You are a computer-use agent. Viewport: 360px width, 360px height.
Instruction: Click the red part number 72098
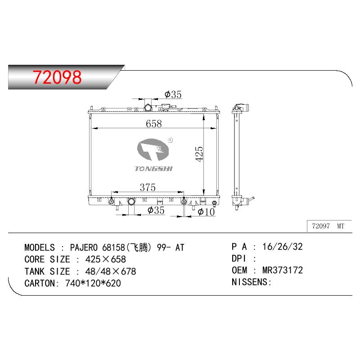[57, 77]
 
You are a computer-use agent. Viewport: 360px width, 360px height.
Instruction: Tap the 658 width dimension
[153, 123]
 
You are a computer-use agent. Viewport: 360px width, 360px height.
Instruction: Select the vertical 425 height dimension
[199, 154]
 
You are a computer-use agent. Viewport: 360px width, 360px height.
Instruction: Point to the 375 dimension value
[148, 187]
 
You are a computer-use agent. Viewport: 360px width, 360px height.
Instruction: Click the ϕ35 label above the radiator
[173, 94]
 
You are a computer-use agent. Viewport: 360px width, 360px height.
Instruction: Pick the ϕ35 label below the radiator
[156, 210]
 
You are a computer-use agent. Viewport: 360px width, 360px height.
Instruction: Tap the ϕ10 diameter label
[206, 211]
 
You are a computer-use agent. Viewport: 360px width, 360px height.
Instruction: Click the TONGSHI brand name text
[153, 169]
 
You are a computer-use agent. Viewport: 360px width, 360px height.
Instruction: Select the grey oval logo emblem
[153, 149]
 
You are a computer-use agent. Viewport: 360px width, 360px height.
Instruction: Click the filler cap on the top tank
[148, 107]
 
